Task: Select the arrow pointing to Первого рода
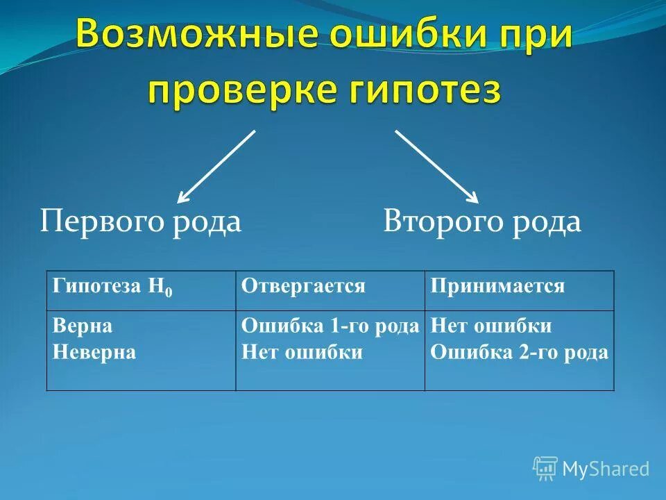[x=216, y=166]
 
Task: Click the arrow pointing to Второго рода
[x=437, y=166]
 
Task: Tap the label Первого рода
[x=140, y=222]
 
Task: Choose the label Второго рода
[x=482, y=222]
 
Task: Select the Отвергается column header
[x=303, y=286]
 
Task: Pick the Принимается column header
[x=497, y=286]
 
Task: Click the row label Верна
[x=82, y=326]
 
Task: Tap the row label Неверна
[x=94, y=352]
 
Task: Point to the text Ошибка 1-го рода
[x=330, y=326]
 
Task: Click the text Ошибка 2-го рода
[x=519, y=352]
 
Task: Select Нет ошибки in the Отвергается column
[x=302, y=352]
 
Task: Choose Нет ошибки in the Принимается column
[x=490, y=326]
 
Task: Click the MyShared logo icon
[x=545, y=469]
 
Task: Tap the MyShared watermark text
[x=606, y=469]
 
